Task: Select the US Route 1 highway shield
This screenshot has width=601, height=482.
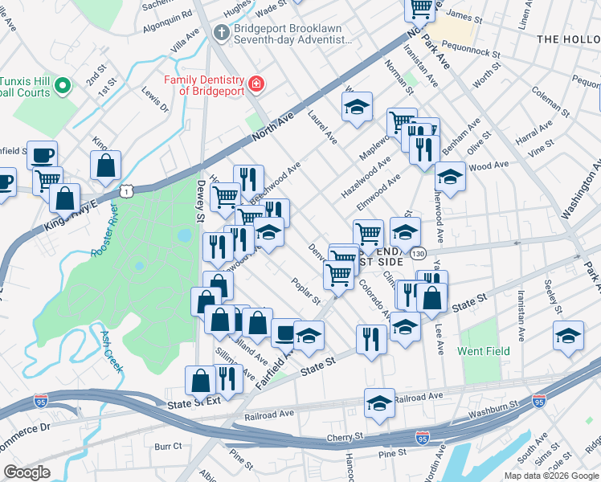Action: click(x=125, y=190)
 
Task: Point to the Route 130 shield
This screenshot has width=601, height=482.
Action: click(x=417, y=253)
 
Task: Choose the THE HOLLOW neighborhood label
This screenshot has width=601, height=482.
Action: click(x=567, y=39)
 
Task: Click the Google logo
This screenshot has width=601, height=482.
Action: click(x=27, y=472)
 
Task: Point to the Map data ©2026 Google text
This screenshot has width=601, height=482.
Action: click(x=550, y=475)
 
